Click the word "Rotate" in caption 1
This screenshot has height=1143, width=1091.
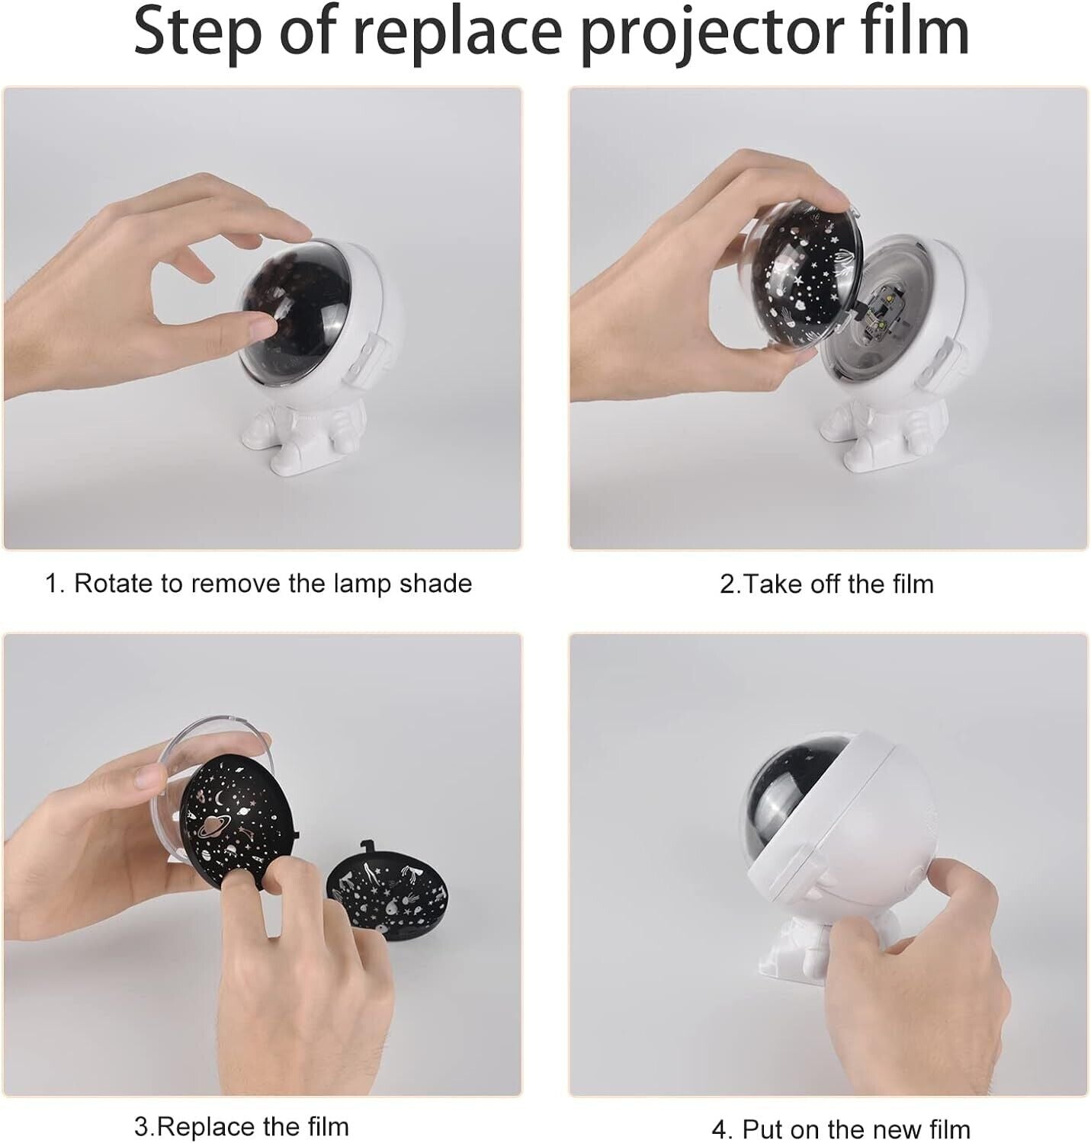[114, 584]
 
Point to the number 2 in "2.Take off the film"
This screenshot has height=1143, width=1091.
[727, 584]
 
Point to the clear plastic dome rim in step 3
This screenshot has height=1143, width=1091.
[217, 732]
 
